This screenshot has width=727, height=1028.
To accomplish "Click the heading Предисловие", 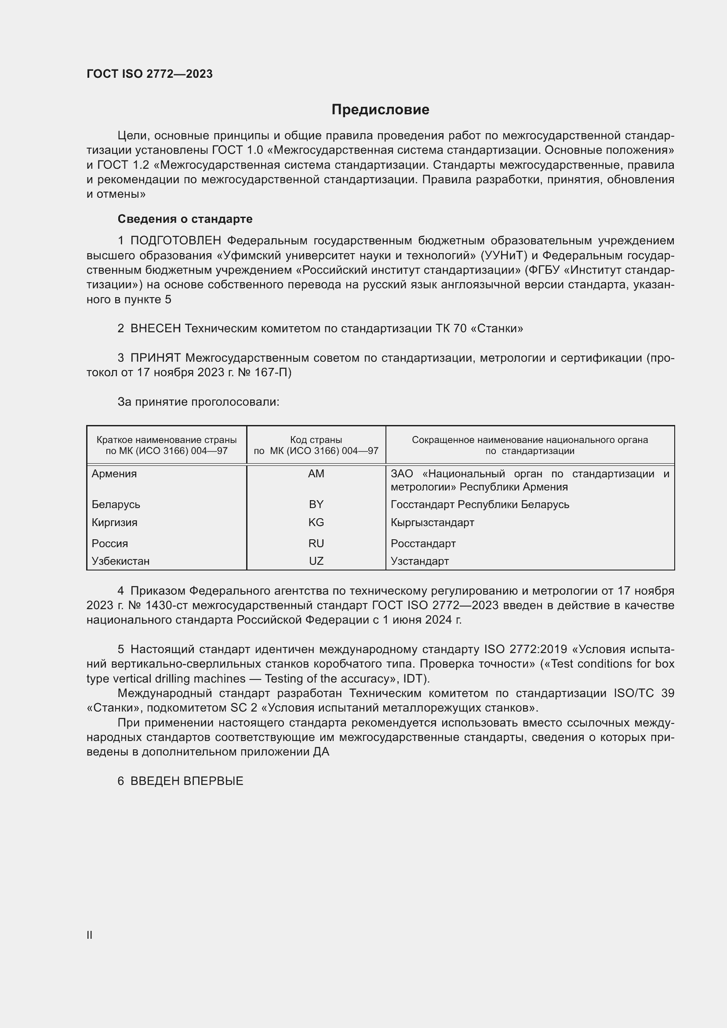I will [380, 110].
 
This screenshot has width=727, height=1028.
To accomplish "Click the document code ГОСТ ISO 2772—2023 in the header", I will [149, 74].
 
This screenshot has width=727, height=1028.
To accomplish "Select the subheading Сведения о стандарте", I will [185, 219].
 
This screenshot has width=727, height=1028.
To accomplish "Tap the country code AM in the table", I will [316, 474].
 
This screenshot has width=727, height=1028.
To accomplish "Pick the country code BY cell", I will [316, 504].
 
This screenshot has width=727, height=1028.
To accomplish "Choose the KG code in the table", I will [316, 523].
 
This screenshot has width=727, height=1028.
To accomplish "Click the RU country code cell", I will [316, 544].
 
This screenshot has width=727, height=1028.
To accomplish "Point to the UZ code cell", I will [316, 561].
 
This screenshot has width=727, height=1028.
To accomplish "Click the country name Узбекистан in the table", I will [120, 561].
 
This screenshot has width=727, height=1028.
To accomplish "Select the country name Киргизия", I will [114, 523].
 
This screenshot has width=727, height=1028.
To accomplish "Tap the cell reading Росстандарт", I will [423, 544].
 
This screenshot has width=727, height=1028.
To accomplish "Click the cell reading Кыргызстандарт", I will [432, 523].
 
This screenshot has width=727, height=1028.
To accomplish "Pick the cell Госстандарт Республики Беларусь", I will [480, 505].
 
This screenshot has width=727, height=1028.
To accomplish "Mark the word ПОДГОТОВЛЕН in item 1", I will [175, 241].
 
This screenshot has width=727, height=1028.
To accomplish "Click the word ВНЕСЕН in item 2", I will [155, 329].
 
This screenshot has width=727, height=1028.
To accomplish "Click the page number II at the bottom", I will [90, 935].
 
